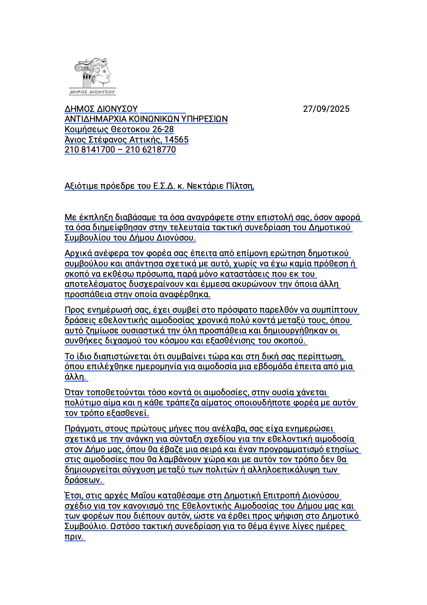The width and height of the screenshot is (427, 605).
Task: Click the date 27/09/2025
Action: point(326,109)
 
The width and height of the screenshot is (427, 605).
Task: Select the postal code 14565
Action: point(176,140)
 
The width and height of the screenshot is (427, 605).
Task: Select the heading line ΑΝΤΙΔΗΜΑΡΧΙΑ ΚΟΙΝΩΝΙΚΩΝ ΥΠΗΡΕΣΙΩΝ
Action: point(146,119)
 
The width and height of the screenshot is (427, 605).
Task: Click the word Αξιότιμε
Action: point(81,186)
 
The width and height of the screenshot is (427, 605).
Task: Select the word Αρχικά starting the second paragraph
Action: point(78,254)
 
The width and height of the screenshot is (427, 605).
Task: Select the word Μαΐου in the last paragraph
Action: point(143,496)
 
